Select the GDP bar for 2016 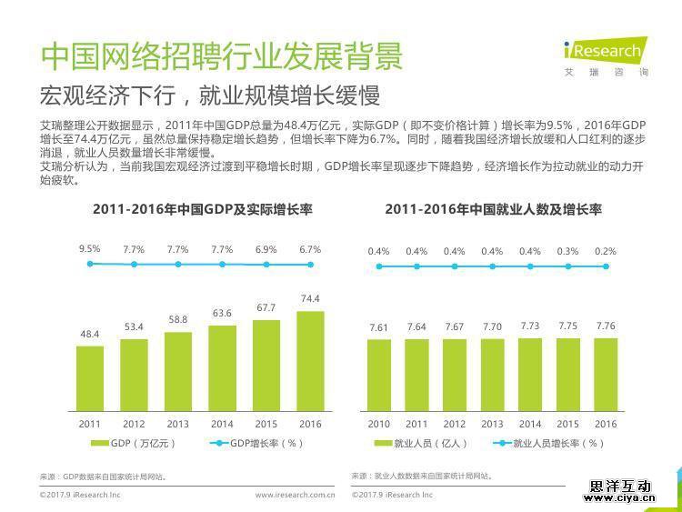[x=310, y=361]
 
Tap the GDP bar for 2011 [x=89, y=378]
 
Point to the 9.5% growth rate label [x=89, y=249]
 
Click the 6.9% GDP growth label [x=266, y=249]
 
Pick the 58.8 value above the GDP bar [x=177, y=319]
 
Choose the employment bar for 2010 [x=379, y=375]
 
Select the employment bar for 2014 [x=530, y=375]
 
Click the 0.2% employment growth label [x=606, y=251]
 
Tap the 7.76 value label [x=606, y=326]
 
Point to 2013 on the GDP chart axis [x=177, y=424]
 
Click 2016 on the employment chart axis [x=606, y=424]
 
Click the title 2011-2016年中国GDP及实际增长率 [x=202, y=209]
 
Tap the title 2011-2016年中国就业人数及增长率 [x=493, y=209]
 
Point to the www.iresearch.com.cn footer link [x=295, y=496]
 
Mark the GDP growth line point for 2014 [x=222, y=265]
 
